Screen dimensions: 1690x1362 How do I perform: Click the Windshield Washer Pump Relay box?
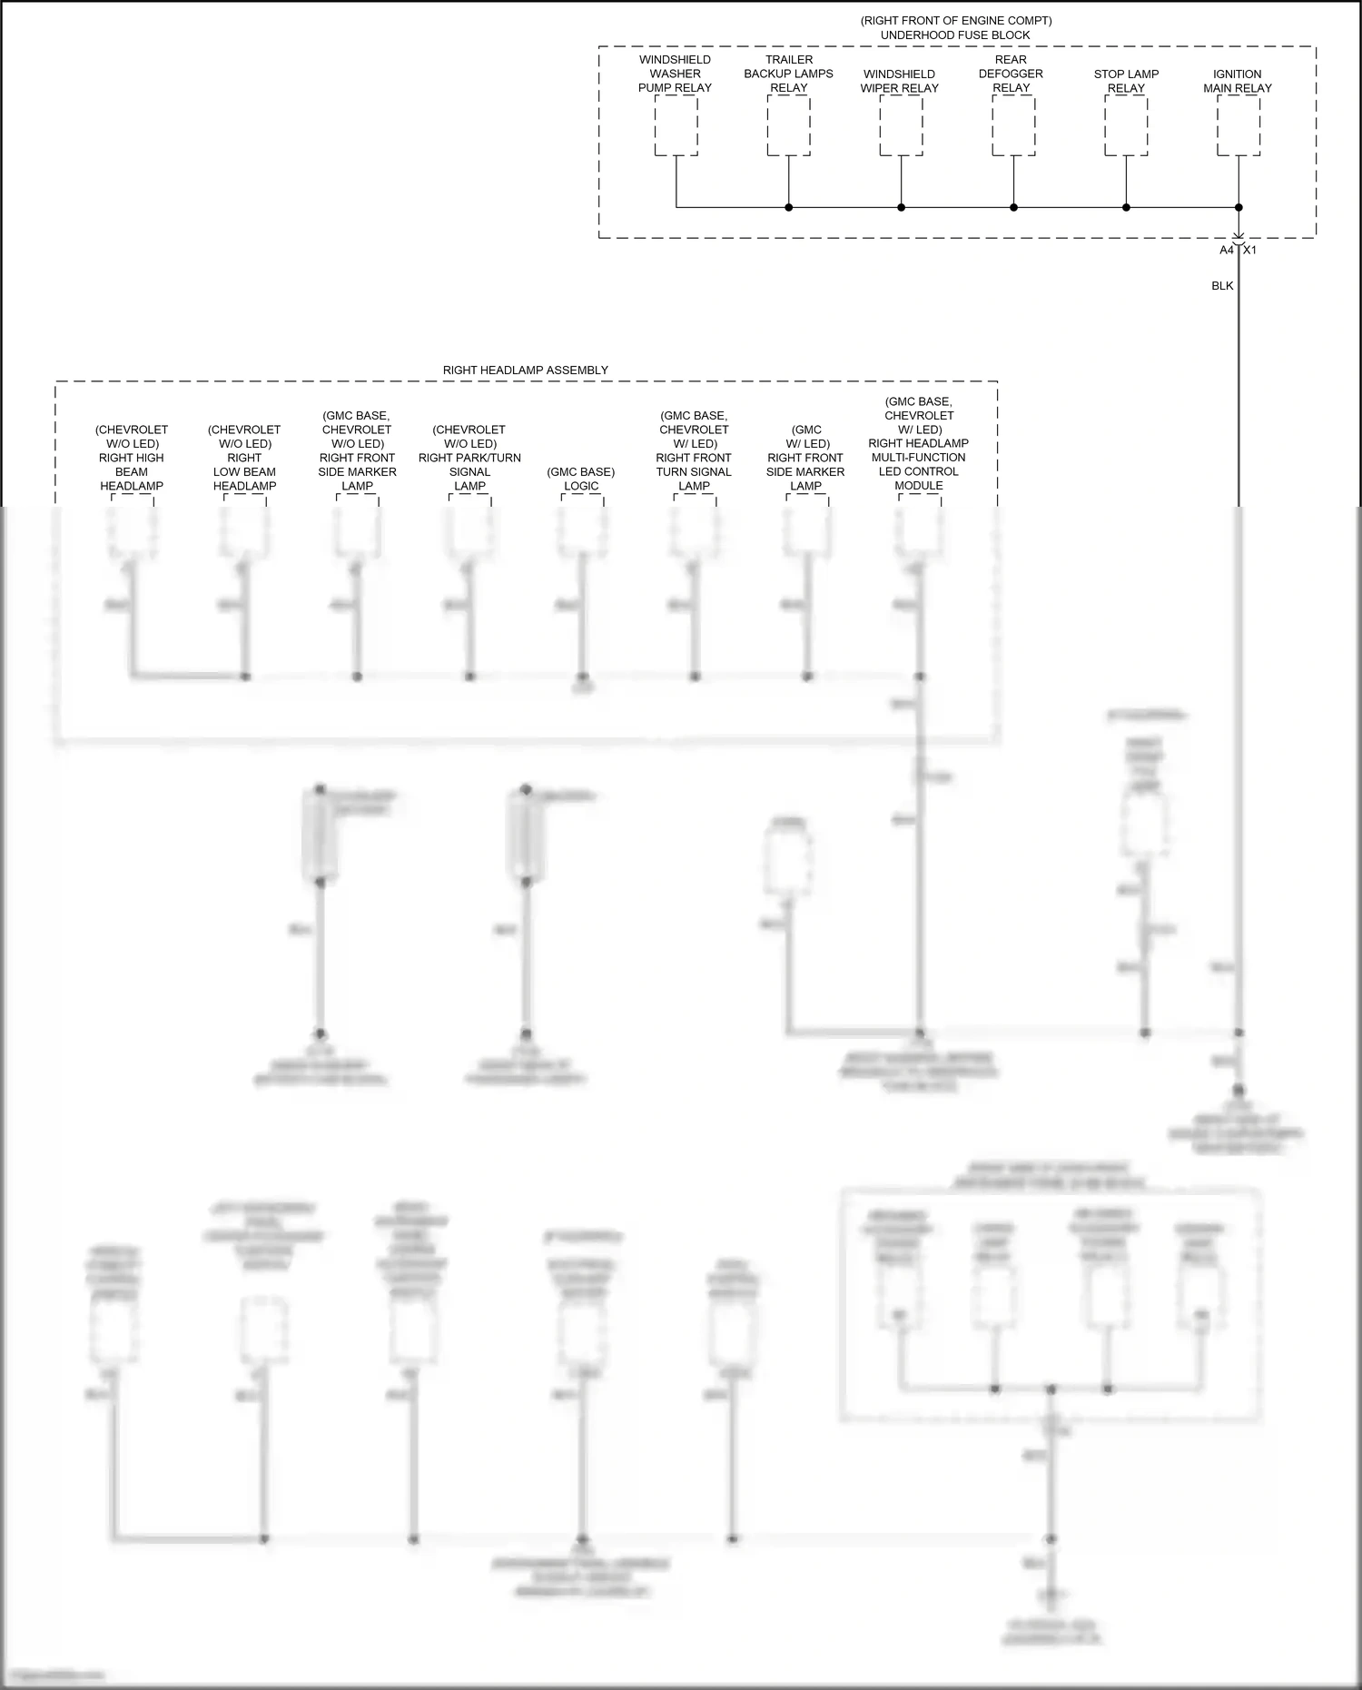coord(676,125)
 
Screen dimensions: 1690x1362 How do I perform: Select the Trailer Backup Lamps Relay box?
coord(788,125)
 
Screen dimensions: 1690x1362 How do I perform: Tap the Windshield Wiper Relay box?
coord(901,125)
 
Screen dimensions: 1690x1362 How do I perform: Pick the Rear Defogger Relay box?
coord(1013,125)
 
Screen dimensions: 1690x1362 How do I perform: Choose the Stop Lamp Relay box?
coord(1126,125)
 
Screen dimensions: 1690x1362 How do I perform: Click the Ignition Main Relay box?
coord(1238,125)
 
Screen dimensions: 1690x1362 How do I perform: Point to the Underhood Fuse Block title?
coord(955,35)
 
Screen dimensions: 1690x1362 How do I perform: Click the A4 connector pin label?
coord(1227,250)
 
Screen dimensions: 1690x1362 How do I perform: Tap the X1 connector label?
coord(1250,250)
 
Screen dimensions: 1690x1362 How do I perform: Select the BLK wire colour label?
coord(1222,286)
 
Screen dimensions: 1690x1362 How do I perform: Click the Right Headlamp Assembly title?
coord(525,371)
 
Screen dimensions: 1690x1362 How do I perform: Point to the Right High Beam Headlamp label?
coord(132,458)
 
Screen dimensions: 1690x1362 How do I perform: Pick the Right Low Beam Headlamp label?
coord(244,458)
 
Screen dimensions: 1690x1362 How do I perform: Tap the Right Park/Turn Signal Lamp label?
coord(469,458)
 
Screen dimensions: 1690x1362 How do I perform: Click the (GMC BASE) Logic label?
coord(581,479)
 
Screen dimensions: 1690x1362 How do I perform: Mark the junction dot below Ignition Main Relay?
coord(1239,208)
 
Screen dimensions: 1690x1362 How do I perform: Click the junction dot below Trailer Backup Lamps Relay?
coord(788,208)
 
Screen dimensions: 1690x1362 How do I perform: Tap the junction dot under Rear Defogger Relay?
coord(1013,208)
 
